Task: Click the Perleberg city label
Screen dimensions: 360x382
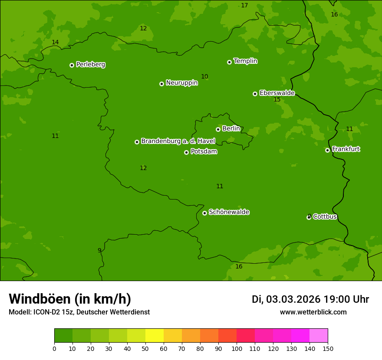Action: point(90,65)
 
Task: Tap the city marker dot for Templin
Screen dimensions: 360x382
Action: point(229,62)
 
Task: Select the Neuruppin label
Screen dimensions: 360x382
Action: point(181,83)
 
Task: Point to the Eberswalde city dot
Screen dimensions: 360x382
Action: point(255,94)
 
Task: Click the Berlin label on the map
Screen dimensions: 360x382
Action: point(231,128)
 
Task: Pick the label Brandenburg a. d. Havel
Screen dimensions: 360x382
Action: point(178,141)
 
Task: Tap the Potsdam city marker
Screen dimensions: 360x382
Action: point(186,152)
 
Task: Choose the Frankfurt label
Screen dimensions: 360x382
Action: point(346,149)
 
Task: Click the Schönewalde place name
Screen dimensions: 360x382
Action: point(229,212)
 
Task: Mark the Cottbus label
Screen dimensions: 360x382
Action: point(325,216)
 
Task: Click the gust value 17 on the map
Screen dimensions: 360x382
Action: point(244,5)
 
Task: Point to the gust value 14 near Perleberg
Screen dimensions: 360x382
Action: point(55,42)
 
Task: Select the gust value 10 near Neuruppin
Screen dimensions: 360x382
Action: point(204,76)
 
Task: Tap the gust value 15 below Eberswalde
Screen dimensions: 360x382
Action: point(277,99)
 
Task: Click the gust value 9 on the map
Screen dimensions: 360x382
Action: point(99,250)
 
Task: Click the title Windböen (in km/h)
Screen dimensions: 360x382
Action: point(70,299)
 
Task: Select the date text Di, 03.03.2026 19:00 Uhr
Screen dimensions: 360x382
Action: point(310,299)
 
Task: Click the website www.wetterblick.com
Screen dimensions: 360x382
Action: point(313,312)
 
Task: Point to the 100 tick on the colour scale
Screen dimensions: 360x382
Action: point(237,348)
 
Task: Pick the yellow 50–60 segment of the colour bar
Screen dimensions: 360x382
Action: point(155,336)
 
